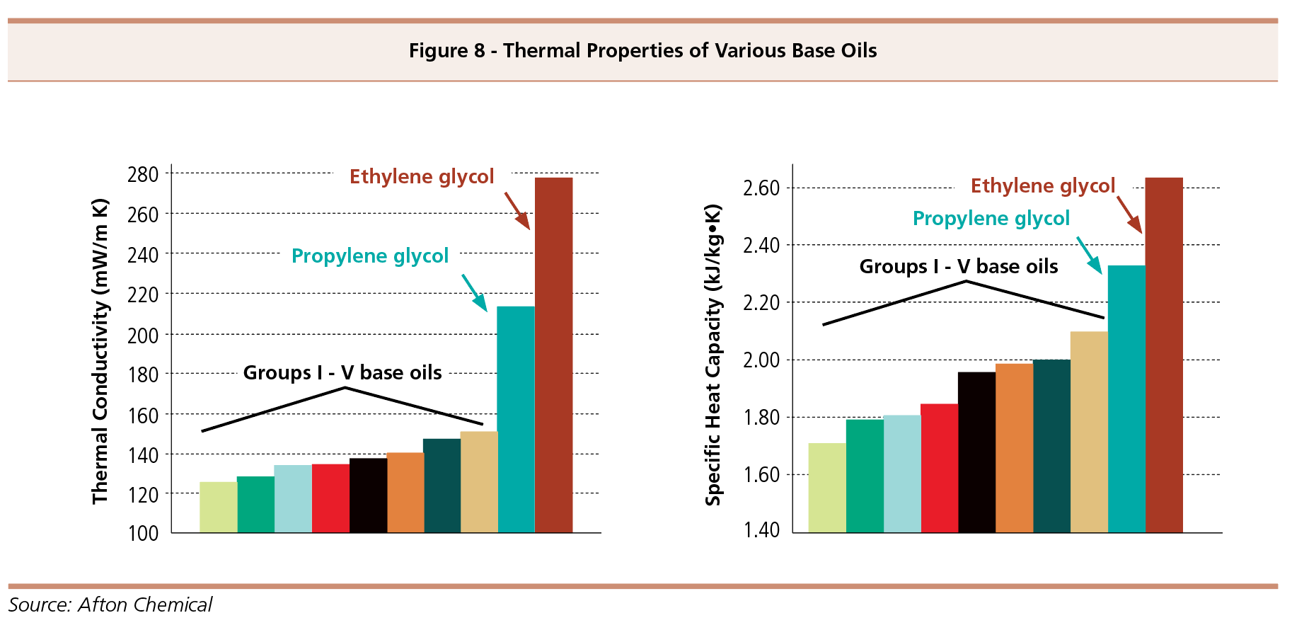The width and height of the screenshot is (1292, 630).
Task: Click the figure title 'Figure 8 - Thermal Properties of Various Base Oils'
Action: [x=642, y=51]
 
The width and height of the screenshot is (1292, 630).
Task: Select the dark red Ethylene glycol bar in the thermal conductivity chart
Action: [x=553, y=354]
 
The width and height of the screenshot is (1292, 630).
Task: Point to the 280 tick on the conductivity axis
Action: [x=143, y=175]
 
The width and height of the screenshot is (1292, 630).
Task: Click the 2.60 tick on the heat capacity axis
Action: [x=761, y=188]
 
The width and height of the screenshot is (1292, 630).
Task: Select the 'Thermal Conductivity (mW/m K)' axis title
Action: [x=100, y=352]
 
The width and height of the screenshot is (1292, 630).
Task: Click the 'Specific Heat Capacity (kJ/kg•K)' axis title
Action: [x=713, y=355]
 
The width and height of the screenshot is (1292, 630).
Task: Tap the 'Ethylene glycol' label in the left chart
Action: [x=422, y=177]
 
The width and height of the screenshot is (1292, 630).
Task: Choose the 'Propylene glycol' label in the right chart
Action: [x=991, y=219]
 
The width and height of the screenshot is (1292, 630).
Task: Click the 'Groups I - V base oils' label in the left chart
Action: [x=342, y=373]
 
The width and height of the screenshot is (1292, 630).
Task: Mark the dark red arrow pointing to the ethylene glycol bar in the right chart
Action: [x=1129, y=214]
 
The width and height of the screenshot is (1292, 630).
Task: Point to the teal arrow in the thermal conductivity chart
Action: [x=475, y=293]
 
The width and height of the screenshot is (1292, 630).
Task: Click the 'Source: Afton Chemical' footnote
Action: [x=110, y=605]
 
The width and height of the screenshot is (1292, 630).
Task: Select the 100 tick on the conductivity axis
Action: [x=143, y=534]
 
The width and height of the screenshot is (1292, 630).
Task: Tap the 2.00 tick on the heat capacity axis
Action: [x=761, y=360]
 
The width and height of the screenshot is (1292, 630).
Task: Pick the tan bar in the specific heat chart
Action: [x=1088, y=432]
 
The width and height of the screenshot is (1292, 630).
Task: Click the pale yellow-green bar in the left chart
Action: [x=218, y=507]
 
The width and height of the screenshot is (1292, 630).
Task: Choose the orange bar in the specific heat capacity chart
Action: [x=1013, y=447]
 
